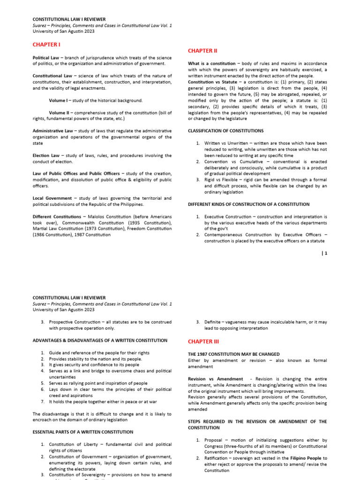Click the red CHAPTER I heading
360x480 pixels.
pos(46,45)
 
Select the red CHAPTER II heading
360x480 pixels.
pos(202,51)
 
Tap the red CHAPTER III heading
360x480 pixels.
pos(203,342)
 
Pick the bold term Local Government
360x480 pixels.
pos(52,198)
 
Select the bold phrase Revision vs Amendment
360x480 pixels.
pos(215,379)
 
